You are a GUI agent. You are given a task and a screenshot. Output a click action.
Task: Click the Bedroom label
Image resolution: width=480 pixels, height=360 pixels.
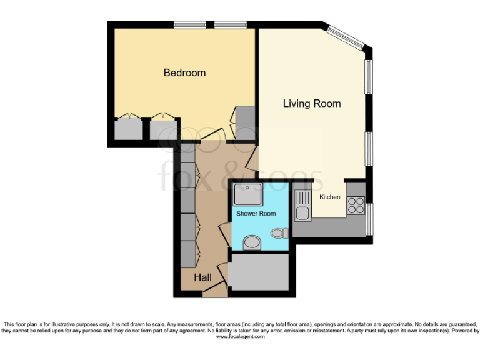click(184, 73)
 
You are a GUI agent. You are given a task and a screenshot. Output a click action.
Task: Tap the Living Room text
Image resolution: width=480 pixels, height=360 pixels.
click(312, 103)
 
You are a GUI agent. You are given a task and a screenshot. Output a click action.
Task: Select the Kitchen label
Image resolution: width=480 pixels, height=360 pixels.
click(330, 197)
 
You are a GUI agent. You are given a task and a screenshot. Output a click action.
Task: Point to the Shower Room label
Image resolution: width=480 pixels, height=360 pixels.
click(256, 214)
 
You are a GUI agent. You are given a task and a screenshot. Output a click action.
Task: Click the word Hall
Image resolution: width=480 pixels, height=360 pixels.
click(202, 277)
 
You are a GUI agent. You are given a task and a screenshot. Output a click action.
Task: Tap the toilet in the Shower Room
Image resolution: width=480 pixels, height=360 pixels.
click(279, 233)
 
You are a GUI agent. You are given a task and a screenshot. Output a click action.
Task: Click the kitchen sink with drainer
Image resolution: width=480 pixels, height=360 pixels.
click(302, 206)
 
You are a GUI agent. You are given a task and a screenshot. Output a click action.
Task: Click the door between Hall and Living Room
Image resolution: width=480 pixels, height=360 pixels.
click(251, 160)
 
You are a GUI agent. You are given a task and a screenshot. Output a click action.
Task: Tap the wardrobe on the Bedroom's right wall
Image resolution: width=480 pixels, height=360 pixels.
click(244, 122)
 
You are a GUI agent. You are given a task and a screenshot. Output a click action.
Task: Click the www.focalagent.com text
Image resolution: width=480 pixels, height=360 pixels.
click(241, 336)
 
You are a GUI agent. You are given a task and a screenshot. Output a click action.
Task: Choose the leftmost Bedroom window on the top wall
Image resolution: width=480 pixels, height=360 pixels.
click(186, 25)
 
